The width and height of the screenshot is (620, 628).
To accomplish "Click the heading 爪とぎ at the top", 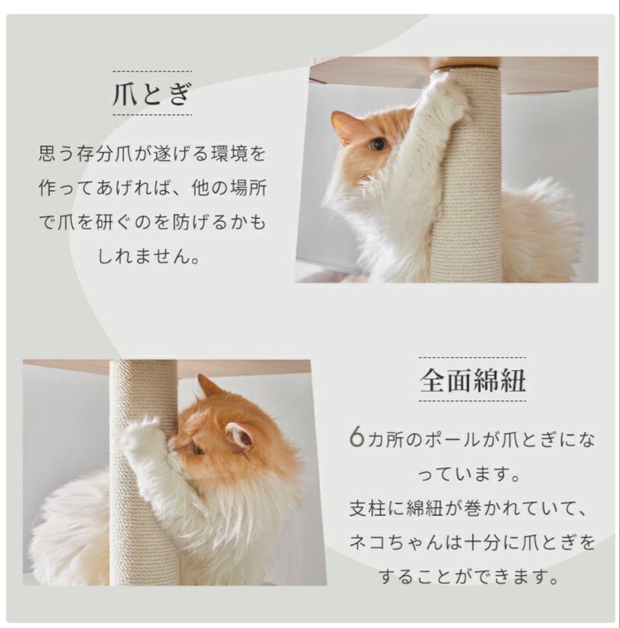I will click(x=152, y=94).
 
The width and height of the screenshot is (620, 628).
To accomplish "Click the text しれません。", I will click(x=148, y=256).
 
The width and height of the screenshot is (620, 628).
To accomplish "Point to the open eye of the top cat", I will click(x=378, y=144).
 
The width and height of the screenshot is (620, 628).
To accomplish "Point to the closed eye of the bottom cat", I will click(x=198, y=448).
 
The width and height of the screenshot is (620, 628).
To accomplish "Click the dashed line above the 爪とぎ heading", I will click(x=152, y=71).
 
